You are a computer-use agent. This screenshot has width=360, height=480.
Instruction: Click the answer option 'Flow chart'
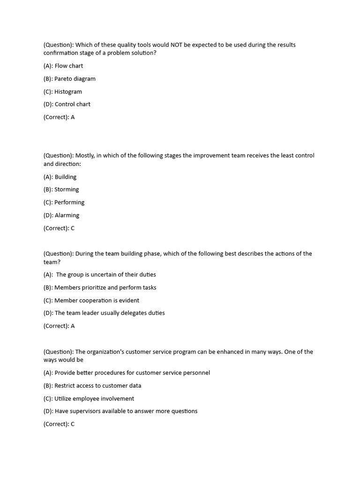pos(68,66)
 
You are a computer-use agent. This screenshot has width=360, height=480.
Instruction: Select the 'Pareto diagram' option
pos(75,79)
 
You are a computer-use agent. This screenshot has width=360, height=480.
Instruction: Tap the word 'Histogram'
pos(68,92)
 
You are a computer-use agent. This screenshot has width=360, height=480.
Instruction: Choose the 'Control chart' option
pos(72,105)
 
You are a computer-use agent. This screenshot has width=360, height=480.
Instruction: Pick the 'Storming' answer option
pos(67,190)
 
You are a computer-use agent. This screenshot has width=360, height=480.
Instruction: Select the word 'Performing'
pos(69,202)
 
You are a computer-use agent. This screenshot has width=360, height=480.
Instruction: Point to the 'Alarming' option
pos(67,216)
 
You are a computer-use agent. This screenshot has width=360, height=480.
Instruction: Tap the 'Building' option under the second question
pos(65,177)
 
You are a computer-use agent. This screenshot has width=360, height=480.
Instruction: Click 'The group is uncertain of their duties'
pos(106,275)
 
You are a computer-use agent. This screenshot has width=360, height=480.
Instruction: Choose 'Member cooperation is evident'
pos(97,300)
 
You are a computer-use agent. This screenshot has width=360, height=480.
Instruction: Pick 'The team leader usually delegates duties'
pos(109,313)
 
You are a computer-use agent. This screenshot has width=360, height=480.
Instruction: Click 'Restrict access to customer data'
pos(97,386)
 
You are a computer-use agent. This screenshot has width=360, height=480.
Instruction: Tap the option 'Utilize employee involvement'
pos(94,399)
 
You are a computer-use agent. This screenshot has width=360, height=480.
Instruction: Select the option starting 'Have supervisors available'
pos(126,412)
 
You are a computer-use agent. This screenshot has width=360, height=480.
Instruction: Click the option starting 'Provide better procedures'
pos(132,373)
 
